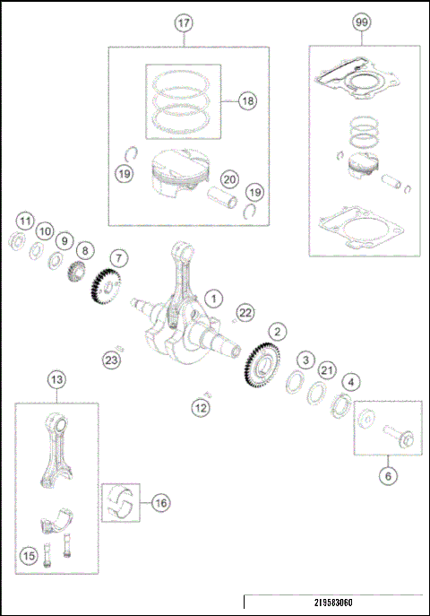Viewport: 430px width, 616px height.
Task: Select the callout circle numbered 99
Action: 361,25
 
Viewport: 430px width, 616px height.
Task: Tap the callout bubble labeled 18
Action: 246,101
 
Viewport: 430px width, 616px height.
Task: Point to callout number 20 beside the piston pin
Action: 229,178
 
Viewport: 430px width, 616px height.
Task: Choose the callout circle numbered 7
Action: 119,257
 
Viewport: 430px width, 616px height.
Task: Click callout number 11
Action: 25,221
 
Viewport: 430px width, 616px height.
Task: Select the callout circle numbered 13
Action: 56,380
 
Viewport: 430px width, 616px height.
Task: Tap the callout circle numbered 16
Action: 159,503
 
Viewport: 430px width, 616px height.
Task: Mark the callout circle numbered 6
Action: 388,476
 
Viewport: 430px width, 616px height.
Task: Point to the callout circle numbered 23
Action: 110,360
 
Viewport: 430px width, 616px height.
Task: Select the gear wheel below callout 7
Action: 104,289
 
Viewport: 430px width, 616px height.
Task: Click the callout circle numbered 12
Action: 202,409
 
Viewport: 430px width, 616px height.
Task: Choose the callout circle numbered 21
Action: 328,372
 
